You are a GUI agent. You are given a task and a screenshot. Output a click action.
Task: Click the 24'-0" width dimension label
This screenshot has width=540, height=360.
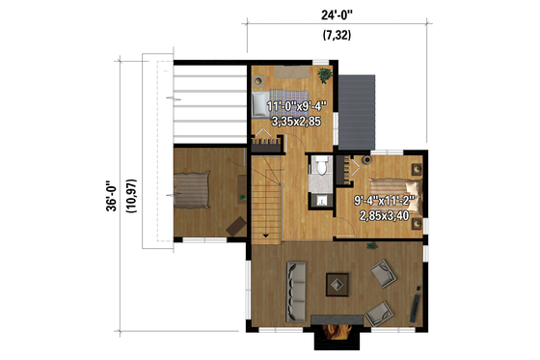[x=336, y=14]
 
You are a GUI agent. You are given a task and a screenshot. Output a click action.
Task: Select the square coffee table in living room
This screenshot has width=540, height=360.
[x=337, y=283]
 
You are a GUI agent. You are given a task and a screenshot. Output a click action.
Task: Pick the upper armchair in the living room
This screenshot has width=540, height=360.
[x=384, y=276]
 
